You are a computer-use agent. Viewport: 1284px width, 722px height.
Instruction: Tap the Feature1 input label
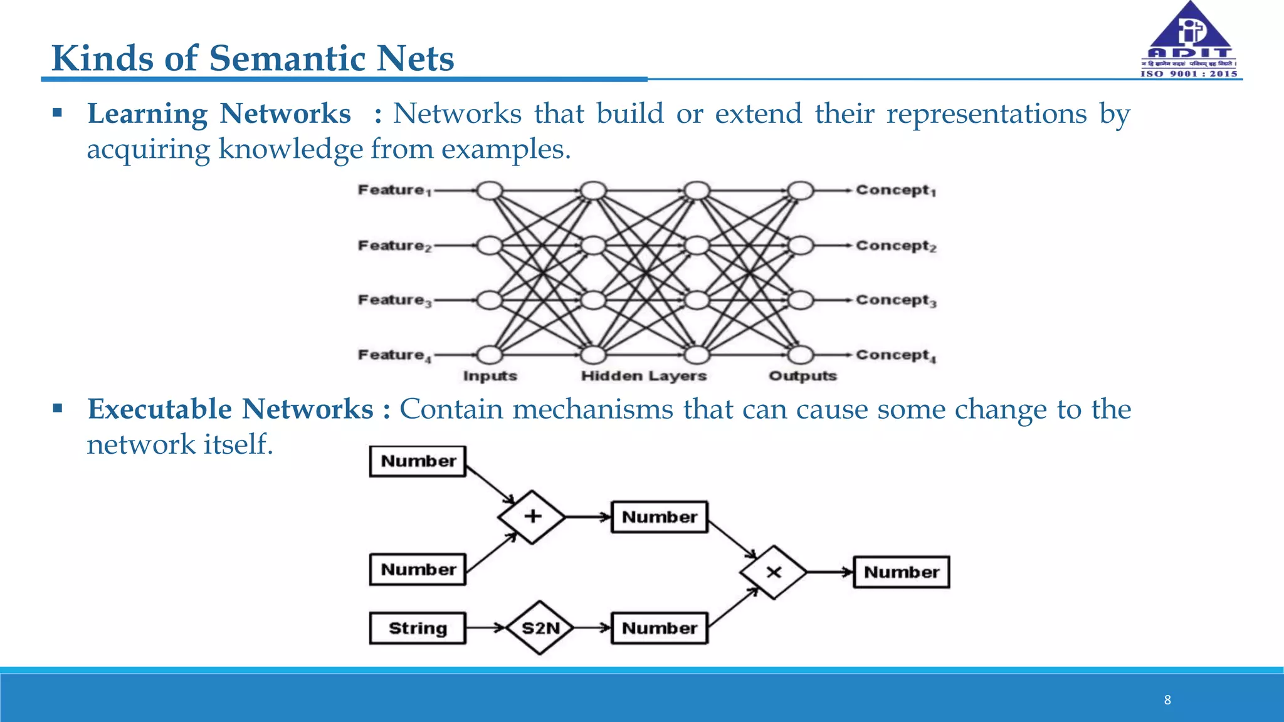[x=394, y=190]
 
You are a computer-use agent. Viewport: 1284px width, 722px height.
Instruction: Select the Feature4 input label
[x=394, y=355]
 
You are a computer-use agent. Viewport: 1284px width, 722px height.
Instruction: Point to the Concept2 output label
[x=895, y=246]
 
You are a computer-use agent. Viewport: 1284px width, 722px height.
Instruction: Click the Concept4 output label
[x=895, y=355]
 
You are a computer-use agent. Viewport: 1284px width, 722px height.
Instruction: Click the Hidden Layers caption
[x=643, y=376]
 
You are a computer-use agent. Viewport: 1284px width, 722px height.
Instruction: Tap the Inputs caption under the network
[x=490, y=376]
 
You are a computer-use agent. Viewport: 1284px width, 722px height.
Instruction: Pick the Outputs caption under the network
[x=802, y=376]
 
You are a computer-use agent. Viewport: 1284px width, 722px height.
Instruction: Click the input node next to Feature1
[x=490, y=191]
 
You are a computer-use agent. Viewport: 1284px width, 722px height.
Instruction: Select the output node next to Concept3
[x=800, y=300]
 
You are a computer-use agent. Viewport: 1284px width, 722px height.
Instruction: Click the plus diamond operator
[x=532, y=517]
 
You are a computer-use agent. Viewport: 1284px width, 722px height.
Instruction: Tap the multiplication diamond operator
[x=774, y=572]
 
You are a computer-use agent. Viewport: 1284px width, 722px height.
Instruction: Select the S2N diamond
[x=540, y=628]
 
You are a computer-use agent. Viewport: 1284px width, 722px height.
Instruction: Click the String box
[x=418, y=628]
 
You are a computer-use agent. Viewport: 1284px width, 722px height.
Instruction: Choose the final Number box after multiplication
[x=901, y=572]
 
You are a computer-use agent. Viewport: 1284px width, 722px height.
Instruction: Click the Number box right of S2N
[x=659, y=628]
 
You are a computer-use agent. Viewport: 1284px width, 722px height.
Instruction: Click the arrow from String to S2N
[x=486, y=627]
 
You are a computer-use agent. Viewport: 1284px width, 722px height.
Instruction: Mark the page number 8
[x=1167, y=700]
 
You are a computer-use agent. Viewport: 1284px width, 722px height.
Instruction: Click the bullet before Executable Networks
[x=58, y=409]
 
